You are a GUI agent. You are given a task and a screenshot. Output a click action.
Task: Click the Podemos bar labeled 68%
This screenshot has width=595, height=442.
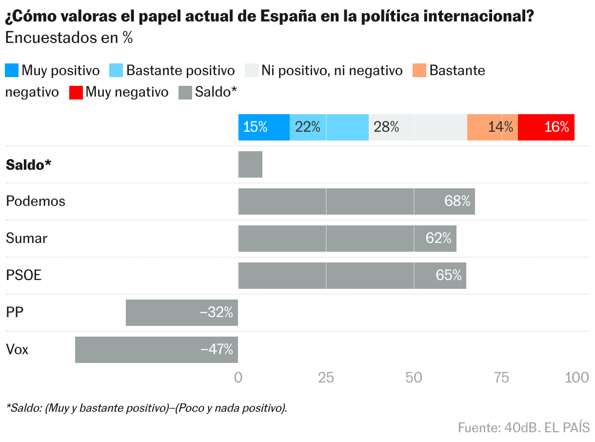coord(356,201)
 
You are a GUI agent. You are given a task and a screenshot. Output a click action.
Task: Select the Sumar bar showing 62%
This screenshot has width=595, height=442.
coord(347,239)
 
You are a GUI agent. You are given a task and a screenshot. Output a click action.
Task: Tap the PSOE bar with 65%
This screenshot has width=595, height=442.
coord(352,276)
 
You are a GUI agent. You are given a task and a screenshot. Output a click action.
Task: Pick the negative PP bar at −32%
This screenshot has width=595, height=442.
coord(181,313)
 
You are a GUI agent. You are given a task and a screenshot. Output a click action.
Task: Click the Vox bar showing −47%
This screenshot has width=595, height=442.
coord(156,350)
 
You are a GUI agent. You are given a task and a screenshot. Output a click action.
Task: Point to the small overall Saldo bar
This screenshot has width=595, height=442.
coord(250,164)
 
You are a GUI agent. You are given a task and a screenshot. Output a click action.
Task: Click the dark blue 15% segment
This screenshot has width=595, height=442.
coord(263,127)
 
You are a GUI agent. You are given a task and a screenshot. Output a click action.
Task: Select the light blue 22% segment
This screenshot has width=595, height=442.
coord(329,127)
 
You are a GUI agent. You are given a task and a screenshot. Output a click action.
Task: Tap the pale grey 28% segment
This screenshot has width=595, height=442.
coord(417,127)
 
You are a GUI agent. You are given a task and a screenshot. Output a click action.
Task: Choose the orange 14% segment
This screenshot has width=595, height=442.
coord(492,127)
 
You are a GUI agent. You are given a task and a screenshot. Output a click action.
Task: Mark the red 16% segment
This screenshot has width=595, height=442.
coord(546,127)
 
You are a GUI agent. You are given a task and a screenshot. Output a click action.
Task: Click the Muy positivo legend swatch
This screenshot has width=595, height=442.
coord(12,71)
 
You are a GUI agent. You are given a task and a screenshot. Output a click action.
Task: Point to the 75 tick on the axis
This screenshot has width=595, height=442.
coord(501,377)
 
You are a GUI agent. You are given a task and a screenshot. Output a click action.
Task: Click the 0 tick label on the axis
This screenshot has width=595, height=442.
coord(238,377)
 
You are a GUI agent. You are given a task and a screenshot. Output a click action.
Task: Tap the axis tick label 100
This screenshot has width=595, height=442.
coord(577,377)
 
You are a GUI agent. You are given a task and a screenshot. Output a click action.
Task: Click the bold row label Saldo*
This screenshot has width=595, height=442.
coord(28,165)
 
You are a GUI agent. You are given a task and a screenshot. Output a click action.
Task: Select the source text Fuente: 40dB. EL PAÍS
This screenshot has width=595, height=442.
coord(523,427)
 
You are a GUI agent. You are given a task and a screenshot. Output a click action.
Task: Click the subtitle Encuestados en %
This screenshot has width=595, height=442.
coord(69,39)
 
